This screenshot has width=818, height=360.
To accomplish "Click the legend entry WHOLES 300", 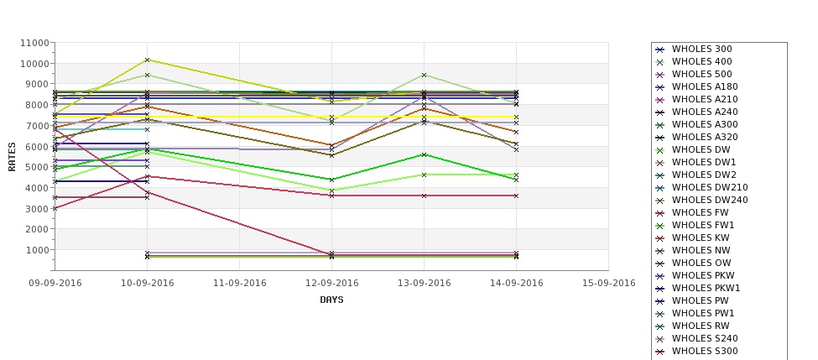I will pyautogui.click(x=701, y=50).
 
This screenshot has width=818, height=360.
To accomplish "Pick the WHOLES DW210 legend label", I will pyautogui.click(x=710, y=188).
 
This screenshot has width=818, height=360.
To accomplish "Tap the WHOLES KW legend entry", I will pyautogui.click(x=701, y=238).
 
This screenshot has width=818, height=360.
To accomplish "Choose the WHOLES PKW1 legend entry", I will pyautogui.click(x=706, y=289).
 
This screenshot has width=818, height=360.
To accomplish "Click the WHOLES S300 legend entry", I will pyautogui.click(x=705, y=352).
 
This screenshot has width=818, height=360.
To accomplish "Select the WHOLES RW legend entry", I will pyautogui.click(x=701, y=326).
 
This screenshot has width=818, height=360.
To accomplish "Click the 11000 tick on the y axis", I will pyautogui.click(x=34, y=43).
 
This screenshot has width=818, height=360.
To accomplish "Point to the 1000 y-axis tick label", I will pyautogui.click(x=37, y=250).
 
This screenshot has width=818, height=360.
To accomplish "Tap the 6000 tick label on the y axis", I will pyautogui.click(x=37, y=147).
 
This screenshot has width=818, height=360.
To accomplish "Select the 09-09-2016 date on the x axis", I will pyautogui.click(x=55, y=284).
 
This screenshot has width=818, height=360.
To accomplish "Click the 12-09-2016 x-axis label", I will pyautogui.click(x=332, y=284).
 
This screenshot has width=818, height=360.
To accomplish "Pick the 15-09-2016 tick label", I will pyautogui.click(x=608, y=284).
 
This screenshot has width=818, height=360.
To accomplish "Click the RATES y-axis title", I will pyautogui.click(x=13, y=156).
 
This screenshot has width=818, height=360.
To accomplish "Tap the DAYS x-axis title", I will pyautogui.click(x=331, y=300).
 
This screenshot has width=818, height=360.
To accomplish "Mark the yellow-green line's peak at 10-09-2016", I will pyautogui.click(x=148, y=60).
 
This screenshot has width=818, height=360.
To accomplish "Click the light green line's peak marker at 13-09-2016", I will pyautogui.click(x=424, y=76).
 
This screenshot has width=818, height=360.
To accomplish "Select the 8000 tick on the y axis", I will pyautogui.click(x=37, y=105).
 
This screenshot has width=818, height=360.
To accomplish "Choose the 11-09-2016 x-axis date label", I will pyautogui.click(x=240, y=284).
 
